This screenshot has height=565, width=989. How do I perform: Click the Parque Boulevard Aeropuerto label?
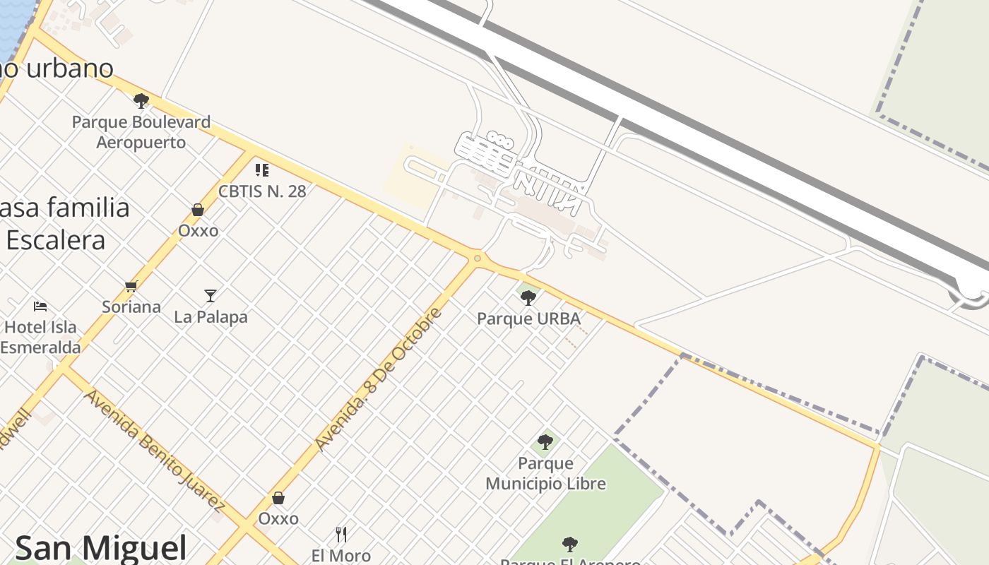(141, 132)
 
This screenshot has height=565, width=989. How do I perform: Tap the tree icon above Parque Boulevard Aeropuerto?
(141, 100)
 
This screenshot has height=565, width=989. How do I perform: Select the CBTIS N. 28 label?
(262, 191)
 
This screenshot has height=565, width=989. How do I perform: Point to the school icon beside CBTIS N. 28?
(262, 169)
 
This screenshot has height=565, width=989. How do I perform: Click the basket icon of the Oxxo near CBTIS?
(198, 210)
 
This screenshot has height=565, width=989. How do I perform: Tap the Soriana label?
(131, 307)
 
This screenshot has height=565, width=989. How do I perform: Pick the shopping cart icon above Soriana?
(131, 286)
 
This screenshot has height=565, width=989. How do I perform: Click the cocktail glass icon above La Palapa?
(211, 295)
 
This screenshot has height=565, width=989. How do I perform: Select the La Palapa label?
(211, 317)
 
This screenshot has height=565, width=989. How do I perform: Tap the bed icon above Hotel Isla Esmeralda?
(40, 307)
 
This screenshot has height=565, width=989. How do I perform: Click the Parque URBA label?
(528, 319)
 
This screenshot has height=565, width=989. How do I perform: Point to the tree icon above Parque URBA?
(528, 298)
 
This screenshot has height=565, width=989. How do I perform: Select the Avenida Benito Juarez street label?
(154, 449)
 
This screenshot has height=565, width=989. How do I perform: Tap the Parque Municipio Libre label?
(545, 473)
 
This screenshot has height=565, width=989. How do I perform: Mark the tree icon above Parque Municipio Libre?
(545, 442)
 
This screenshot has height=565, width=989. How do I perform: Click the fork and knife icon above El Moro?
(341, 534)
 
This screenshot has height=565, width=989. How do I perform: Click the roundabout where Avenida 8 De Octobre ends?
(478, 258)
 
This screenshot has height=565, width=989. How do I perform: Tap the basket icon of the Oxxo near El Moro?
(278, 498)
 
